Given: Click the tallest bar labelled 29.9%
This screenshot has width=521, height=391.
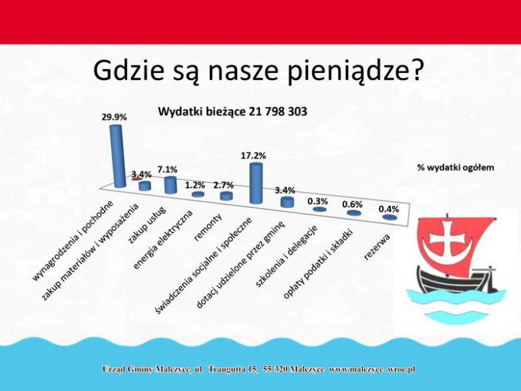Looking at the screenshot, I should (x=117, y=155).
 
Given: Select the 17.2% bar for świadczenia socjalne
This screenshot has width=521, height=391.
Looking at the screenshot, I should (x=255, y=182).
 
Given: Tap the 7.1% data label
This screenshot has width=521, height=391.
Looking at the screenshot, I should (x=167, y=169).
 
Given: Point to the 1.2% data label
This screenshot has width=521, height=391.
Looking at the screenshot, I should (x=195, y=184).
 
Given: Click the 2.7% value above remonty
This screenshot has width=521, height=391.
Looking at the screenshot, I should (x=224, y=184).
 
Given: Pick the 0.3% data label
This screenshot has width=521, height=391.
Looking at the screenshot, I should (x=317, y=201).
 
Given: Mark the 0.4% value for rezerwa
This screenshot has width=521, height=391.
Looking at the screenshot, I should (x=389, y=209).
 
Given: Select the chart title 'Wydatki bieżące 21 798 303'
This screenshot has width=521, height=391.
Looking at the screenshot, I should (x=232, y=112).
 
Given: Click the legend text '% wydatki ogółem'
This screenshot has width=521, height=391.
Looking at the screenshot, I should (x=456, y=167).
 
